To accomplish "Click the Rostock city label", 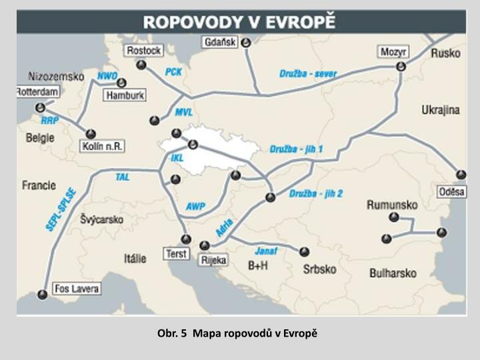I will click(x=143, y=51).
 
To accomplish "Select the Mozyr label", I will click(x=393, y=51).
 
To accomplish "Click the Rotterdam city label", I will click(x=37, y=91).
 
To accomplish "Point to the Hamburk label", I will click(x=125, y=95).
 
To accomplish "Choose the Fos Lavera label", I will click(x=77, y=289).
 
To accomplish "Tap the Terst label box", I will click(x=177, y=254).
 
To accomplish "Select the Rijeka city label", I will click(x=213, y=261).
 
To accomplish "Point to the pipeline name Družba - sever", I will click(x=308, y=73).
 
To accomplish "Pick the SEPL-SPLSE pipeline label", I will click(x=61, y=209).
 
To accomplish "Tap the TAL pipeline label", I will click(x=122, y=177).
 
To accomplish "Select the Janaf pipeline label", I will click(x=265, y=251).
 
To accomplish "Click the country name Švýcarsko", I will click(x=101, y=219).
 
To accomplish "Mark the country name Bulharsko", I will click(x=393, y=273).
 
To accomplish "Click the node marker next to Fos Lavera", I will click(x=42, y=294).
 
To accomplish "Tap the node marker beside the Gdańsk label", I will click(x=246, y=42).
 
